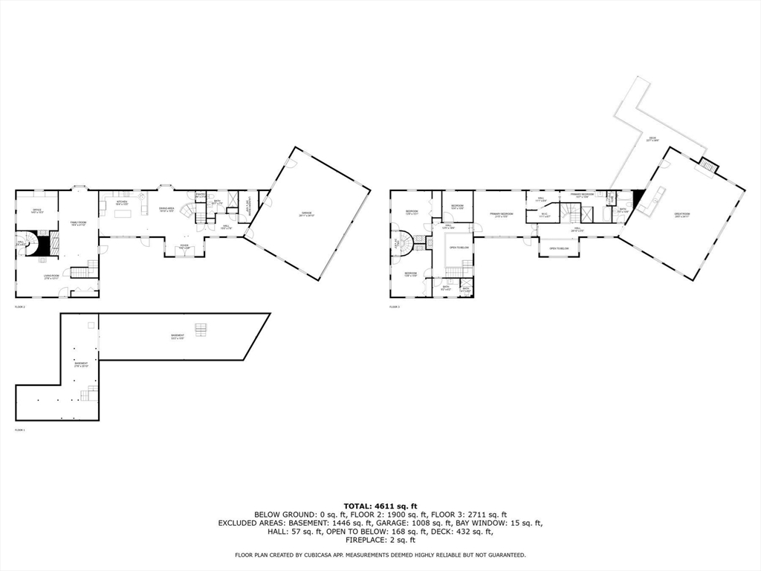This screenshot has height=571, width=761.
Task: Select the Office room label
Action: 36,211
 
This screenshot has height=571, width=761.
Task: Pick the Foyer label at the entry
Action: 183,246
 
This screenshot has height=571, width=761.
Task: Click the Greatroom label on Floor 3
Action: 683,216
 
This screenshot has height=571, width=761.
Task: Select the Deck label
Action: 652,138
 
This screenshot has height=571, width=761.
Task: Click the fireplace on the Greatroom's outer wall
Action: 709,166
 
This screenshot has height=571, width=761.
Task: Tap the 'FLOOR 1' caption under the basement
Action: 20,430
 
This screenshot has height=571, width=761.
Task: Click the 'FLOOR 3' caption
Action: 395,306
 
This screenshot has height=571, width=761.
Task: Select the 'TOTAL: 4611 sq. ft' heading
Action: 380,506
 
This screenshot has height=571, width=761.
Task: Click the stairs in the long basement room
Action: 199,329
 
